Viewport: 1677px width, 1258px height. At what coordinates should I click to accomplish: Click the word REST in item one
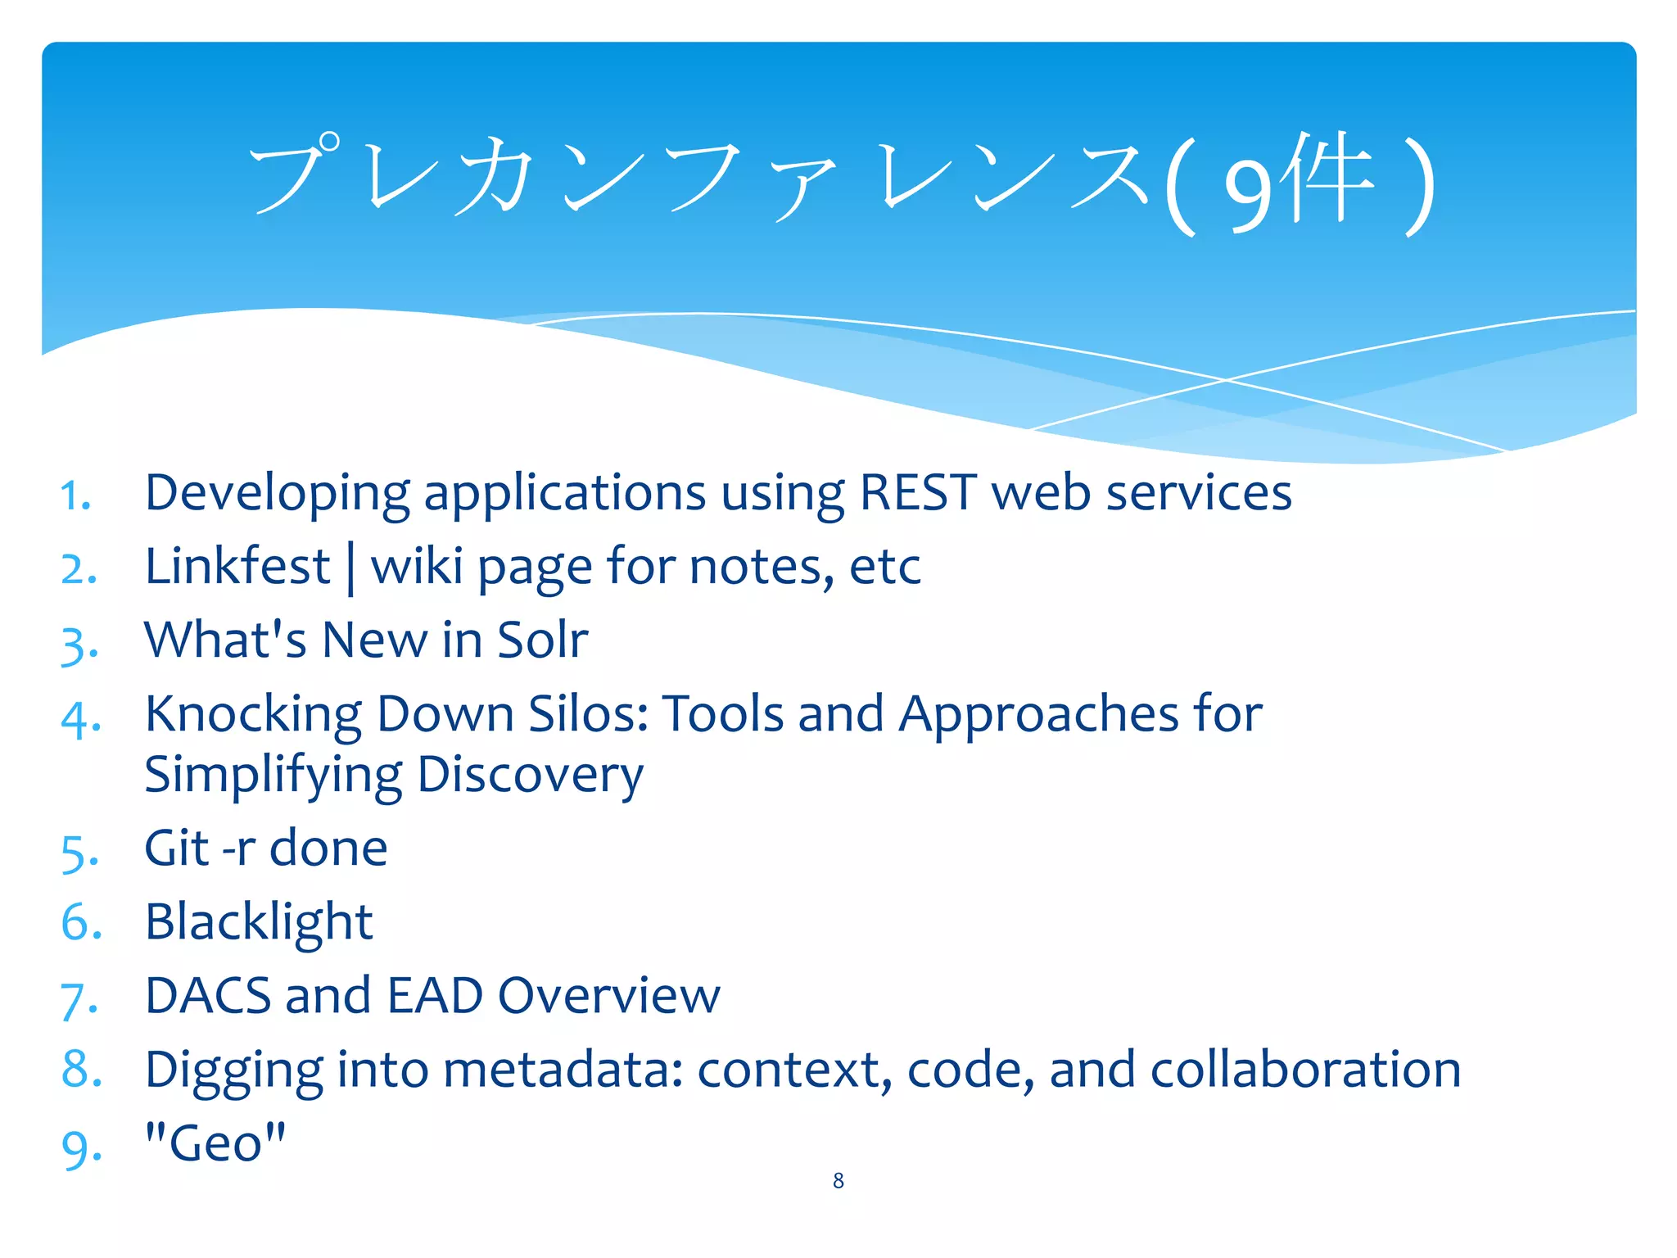917,493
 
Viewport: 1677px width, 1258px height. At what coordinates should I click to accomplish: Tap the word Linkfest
237,567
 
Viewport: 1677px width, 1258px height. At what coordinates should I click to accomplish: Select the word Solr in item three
543,640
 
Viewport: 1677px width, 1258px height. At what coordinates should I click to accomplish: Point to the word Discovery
530,776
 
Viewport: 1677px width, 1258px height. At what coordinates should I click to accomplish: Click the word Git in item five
176,848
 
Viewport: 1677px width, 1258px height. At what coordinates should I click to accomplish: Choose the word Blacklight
258,923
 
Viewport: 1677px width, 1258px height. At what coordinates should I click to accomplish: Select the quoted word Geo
215,1143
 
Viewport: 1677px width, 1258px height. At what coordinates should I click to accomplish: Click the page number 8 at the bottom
838,1180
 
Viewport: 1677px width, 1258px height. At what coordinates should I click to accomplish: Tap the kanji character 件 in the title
1327,180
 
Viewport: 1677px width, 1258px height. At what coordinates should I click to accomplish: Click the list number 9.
79,1148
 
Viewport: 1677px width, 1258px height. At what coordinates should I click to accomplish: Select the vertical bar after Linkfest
350,568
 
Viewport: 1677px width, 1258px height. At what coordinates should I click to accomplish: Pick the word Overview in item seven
608,996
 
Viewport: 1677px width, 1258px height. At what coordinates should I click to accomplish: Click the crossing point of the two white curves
1226,380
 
